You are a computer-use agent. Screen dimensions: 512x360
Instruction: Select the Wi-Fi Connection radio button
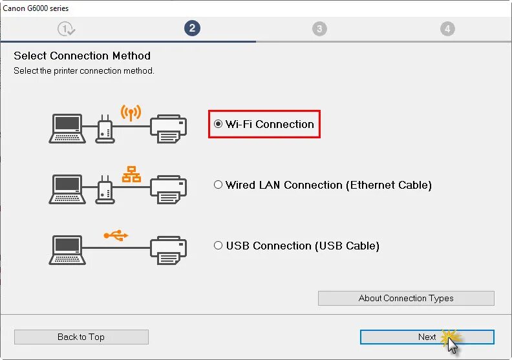coord(219,124)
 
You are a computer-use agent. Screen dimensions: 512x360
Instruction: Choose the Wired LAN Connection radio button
coord(219,185)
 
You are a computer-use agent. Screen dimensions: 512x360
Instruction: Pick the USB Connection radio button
coord(219,246)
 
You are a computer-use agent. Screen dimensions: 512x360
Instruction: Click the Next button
coord(427,337)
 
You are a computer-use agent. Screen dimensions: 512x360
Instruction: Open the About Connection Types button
coord(406,298)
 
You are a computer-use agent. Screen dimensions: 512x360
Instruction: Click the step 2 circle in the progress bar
coord(191,28)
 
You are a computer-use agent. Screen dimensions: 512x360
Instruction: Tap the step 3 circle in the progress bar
coord(319,28)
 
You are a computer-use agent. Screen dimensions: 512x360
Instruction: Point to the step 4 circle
coord(447,28)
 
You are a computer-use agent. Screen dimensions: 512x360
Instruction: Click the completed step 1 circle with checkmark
coord(66,28)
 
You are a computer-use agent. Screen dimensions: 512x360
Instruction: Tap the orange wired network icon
coord(131,173)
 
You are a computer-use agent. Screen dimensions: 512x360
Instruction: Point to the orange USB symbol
coord(116,235)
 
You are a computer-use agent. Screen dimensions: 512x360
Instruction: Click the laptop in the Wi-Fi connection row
coord(67,128)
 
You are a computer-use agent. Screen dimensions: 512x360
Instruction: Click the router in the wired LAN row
coord(103,190)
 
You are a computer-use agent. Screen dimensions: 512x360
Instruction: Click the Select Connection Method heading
coord(82,56)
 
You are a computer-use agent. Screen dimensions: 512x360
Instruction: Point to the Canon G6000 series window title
coord(36,8)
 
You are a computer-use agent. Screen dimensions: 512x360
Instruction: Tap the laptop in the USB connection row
coord(67,249)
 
